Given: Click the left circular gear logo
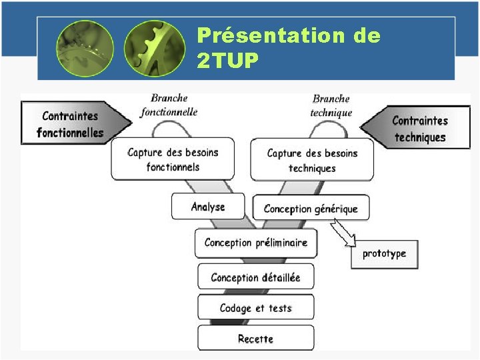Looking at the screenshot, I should point(85,49).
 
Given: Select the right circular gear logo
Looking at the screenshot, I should point(155,49).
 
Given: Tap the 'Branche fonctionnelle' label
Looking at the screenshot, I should point(169,105).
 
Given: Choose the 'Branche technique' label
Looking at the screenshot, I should point(331,106).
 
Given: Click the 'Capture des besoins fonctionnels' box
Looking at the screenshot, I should point(173,159).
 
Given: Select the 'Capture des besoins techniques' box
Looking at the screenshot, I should point(312,160).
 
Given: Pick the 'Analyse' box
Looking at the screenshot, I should point(207,207).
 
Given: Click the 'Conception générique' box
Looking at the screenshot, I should point(311,209).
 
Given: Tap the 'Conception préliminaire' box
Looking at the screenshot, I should point(256,243).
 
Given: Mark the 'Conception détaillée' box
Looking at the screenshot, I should point(255,277).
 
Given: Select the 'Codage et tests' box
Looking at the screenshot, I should point(255,307).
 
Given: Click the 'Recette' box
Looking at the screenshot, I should point(255,338).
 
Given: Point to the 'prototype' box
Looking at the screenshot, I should point(384,254).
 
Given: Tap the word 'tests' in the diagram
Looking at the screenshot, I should point(280,308).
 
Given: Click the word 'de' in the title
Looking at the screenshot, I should point(367,36).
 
